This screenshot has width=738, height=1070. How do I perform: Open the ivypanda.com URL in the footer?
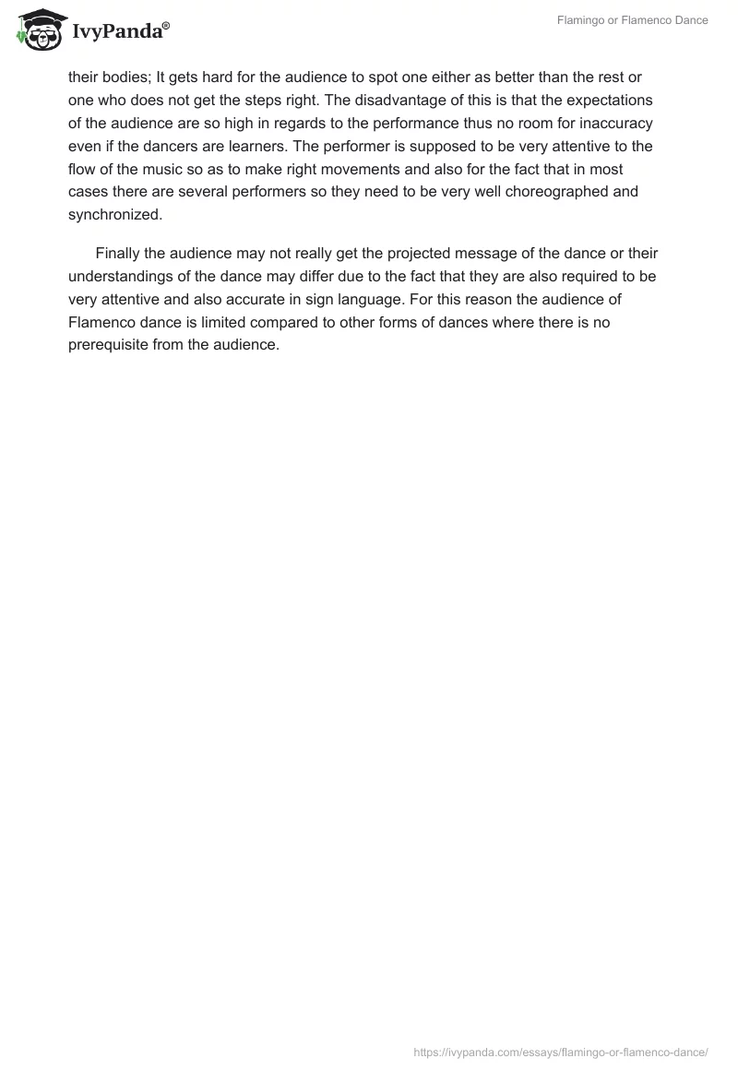click(x=561, y=1052)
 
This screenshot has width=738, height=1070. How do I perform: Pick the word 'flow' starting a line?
click(x=82, y=170)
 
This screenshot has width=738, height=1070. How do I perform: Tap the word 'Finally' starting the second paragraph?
click(x=120, y=253)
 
